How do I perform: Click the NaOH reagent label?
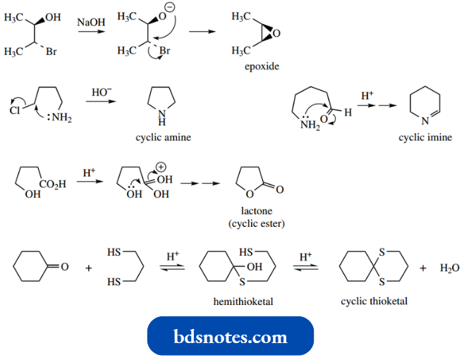[91, 23]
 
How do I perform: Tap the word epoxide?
[262, 67]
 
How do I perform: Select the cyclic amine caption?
[163, 137]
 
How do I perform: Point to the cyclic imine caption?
[425, 137]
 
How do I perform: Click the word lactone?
[256, 211]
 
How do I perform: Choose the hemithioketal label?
[243, 301]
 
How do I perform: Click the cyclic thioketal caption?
[374, 301]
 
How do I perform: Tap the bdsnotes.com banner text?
[231, 337]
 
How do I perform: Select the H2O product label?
[449, 268]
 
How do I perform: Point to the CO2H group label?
[52, 184]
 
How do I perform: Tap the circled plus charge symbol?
[160, 166]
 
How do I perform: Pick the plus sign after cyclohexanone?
[89, 268]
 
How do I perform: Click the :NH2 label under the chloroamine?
[59, 118]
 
